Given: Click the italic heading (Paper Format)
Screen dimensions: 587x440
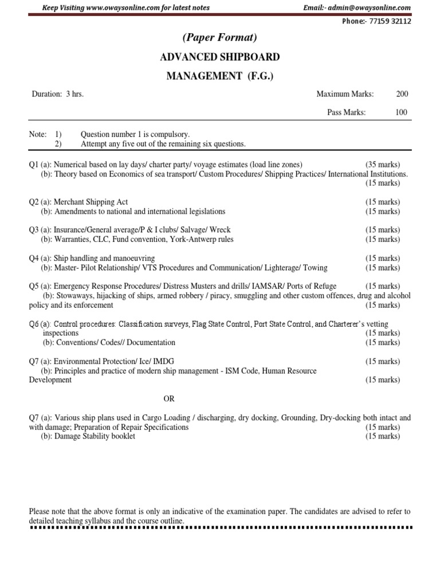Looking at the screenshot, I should (219, 38).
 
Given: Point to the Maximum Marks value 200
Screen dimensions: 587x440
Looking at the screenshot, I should (402, 94).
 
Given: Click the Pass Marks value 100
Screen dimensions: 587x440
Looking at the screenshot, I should (402, 112).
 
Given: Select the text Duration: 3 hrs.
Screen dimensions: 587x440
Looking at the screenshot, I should (57, 94).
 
